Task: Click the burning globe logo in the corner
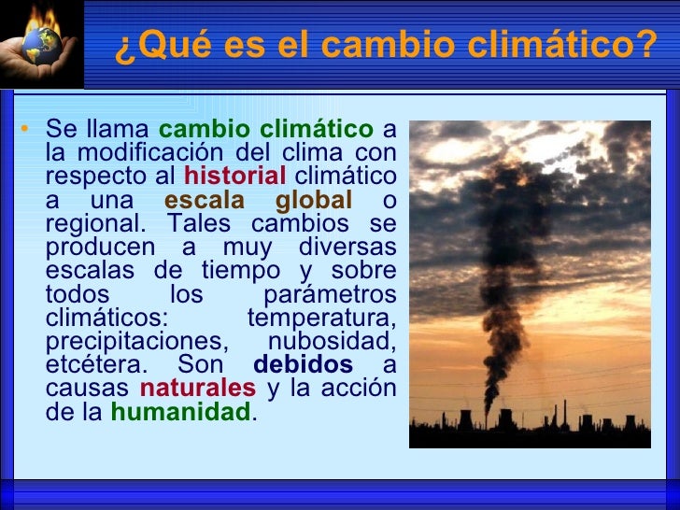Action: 41,42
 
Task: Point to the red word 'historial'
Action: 235,177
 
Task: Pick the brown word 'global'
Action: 314,201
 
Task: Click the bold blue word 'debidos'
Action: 304,363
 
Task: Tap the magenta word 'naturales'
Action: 197,387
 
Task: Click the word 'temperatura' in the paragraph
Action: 321,317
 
